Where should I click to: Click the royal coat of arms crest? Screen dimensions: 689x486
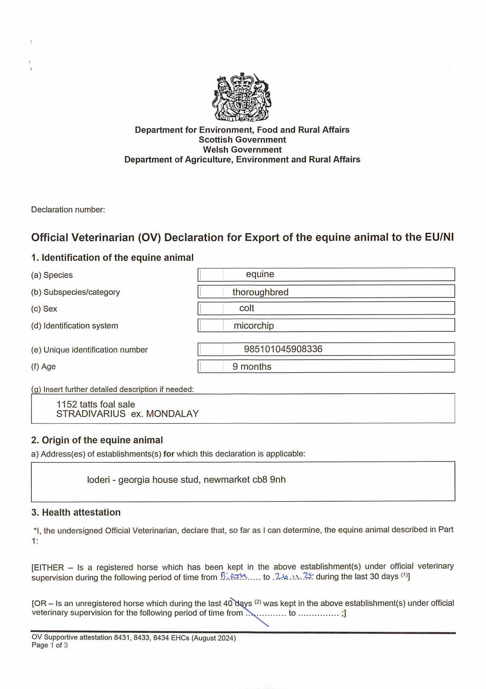(242, 97)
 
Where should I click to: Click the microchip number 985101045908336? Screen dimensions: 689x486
(283, 349)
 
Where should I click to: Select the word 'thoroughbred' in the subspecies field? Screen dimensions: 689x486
(260, 292)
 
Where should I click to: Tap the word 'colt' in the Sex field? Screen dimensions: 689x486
(246, 308)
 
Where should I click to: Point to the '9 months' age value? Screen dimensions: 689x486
(252, 366)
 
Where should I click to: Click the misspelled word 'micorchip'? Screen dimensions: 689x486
(254, 326)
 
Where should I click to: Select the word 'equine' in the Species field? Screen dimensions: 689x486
(260, 274)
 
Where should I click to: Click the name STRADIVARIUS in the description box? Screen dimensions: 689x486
(91, 414)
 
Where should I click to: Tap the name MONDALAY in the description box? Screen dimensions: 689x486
(172, 414)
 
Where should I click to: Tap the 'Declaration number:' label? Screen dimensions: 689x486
(68, 209)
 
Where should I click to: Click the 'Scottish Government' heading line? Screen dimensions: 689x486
(242, 140)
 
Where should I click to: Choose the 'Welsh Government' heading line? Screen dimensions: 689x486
(242, 150)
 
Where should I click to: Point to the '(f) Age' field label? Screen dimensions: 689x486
(44, 366)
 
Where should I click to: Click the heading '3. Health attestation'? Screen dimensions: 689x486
(76, 512)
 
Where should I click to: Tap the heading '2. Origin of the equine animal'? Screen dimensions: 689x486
(97, 440)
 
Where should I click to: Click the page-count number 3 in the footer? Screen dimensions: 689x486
(66, 645)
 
